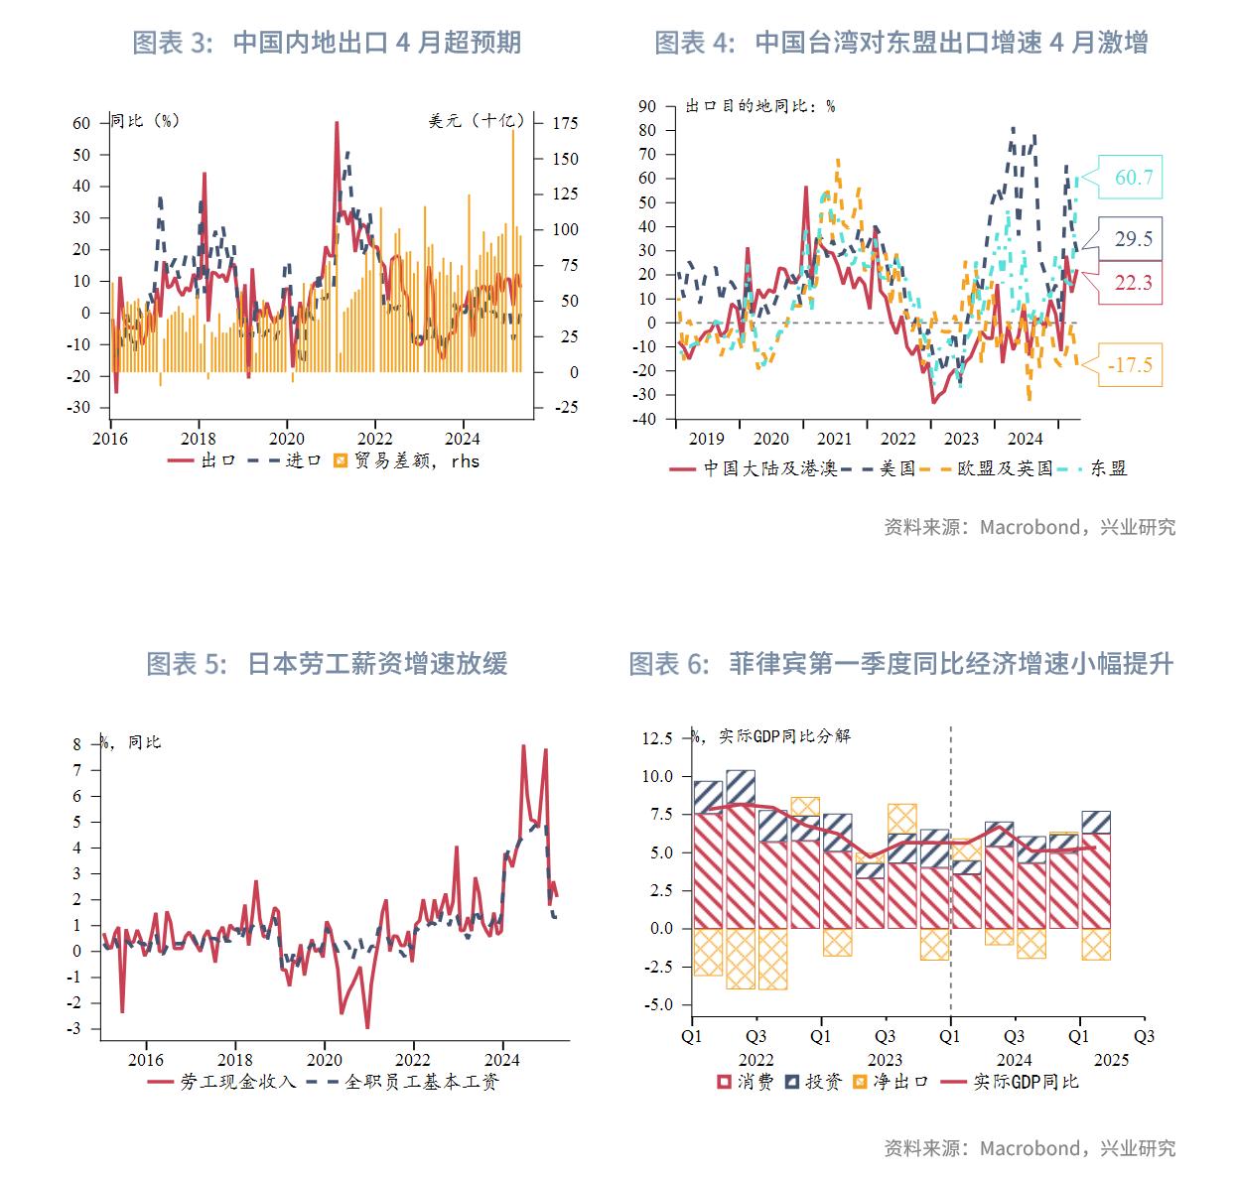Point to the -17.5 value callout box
click(1132, 365)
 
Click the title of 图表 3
click(327, 43)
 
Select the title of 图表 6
click(900, 664)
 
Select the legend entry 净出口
click(890, 1082)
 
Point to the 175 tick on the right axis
click(566, 123)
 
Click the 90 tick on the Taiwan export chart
click(647, 106)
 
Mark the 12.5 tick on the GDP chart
click(657, 738)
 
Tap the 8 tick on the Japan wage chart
click(77, 744)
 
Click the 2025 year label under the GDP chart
click(1111, 1059)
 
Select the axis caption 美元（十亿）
click(476, 120)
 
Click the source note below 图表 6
click(1030, 1148)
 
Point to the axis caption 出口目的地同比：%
click(760, 105)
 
